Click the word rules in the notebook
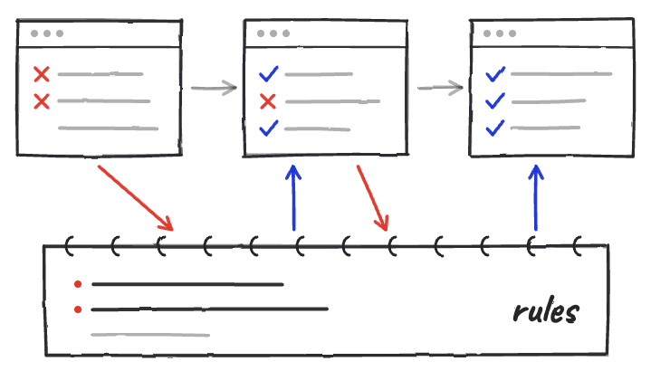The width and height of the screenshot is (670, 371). pos(546,310)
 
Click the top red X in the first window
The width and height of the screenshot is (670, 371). pos(42,74)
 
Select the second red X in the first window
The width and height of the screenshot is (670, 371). pos(42,101)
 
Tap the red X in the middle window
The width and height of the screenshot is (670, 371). pos(268,101)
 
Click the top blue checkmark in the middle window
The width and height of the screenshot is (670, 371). pos(268,74)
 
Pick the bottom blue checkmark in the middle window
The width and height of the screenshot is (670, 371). pos(268,128)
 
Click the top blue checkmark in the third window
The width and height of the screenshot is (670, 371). pos(495,74)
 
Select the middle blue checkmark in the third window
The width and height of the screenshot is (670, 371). pos(495,101)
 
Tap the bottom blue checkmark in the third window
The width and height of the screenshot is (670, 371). pos(495,128)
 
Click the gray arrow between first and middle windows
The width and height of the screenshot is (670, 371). pos(214,88)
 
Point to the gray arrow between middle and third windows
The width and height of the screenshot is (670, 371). pos(440,88)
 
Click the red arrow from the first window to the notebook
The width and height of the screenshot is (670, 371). pos(136,198)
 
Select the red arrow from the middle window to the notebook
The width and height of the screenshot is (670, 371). pos(373,198)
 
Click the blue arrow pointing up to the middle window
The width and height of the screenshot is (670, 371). pos(293,198)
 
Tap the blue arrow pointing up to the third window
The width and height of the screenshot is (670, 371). pos(536,198)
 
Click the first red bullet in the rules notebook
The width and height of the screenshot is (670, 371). pos(78,284)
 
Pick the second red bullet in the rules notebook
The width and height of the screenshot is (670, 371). pos(78,309)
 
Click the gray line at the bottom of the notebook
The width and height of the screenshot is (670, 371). pos(150,335)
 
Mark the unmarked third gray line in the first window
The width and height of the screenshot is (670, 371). pos(108,128)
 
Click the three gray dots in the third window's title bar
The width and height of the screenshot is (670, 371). pos(500,33)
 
